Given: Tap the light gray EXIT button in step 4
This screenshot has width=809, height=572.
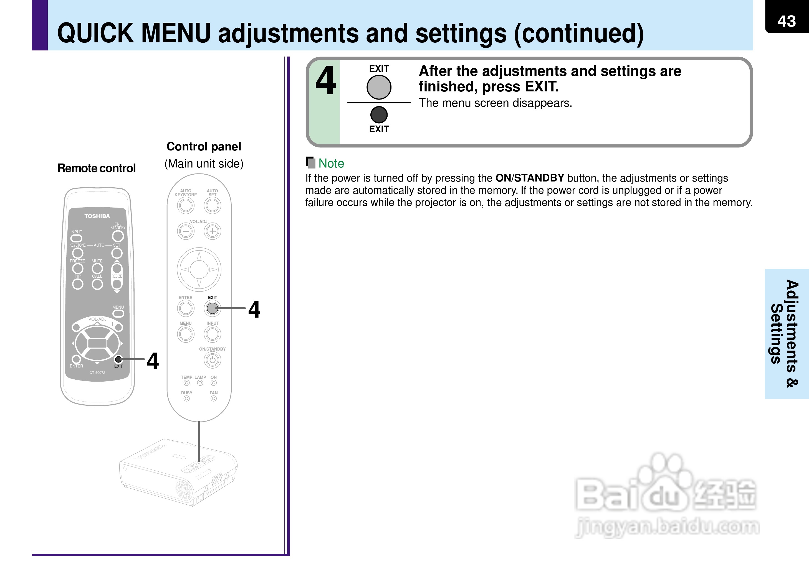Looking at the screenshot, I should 379,87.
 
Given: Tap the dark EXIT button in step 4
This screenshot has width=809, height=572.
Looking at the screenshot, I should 379,115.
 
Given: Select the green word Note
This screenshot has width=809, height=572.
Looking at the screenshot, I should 331,164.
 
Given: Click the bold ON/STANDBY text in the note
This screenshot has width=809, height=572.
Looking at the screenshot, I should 529,178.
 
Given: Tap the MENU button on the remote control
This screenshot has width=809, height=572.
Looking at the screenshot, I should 118,313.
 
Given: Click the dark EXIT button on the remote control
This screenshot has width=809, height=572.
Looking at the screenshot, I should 118,359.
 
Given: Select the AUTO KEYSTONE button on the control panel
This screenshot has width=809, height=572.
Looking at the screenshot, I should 186,206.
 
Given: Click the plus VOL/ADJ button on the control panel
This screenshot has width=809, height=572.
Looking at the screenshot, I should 212,231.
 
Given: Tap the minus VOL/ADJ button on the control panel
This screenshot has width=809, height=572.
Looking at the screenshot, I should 186,231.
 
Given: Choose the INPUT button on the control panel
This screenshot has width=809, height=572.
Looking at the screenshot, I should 212,334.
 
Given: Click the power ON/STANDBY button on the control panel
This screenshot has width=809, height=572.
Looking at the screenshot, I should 212,360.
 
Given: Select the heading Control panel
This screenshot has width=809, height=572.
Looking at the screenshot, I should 204,147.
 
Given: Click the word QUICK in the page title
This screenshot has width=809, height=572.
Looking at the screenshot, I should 95,34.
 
